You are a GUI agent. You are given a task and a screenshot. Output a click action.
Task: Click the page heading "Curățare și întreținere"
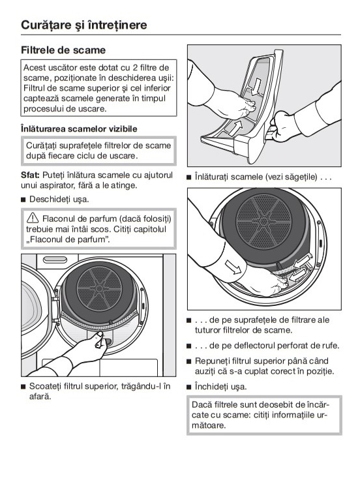[84, 25]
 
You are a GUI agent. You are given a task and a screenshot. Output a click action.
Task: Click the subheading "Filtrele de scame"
[63, 50]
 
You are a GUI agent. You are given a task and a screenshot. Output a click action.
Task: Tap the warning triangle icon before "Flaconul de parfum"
[33, 218]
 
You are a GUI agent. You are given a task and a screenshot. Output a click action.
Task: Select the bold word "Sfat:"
[30, 175]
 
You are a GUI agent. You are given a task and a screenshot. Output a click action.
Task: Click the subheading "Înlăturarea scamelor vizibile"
[79, 129]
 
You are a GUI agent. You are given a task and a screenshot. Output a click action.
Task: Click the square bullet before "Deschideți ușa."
[23, 200]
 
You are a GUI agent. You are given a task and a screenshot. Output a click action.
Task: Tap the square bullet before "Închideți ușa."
[188, 387]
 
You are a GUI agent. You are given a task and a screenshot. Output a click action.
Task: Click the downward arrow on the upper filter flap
[256, 87]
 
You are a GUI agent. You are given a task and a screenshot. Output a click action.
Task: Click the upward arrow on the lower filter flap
[235, 128]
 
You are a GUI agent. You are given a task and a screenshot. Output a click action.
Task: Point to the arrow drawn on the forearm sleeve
[233, 267]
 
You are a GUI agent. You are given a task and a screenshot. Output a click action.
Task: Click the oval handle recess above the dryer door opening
[55, 260]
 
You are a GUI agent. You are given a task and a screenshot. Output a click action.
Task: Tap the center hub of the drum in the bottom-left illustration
[99, 288]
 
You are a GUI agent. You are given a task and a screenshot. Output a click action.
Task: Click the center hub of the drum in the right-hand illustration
[263, 221]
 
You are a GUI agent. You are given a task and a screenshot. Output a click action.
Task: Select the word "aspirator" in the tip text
[53, 185]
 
